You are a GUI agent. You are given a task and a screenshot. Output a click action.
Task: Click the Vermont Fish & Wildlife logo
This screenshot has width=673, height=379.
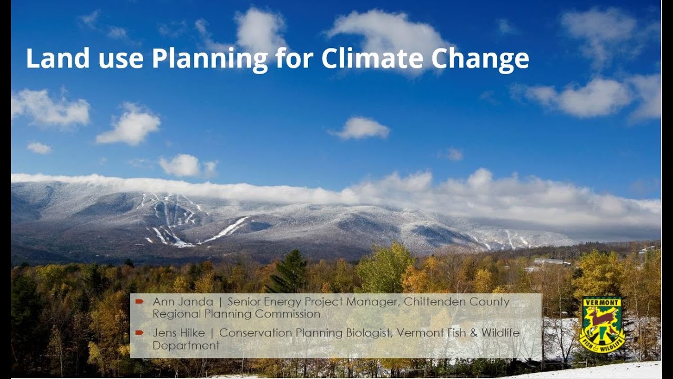coord(601,324)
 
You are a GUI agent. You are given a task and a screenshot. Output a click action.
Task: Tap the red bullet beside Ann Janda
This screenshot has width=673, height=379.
coord(139,302)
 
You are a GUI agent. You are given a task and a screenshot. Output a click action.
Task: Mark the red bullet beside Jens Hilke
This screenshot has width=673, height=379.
coord(139,333)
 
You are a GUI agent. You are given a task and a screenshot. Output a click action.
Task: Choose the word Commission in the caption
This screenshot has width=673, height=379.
coord(290,314)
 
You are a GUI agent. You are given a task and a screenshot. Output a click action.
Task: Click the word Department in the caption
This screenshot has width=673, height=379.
coord(186,345)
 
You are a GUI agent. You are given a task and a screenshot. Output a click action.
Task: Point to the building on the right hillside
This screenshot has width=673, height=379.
coord(551,262)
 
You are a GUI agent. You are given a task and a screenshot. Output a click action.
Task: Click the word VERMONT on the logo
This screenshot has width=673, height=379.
coord(601,303)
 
